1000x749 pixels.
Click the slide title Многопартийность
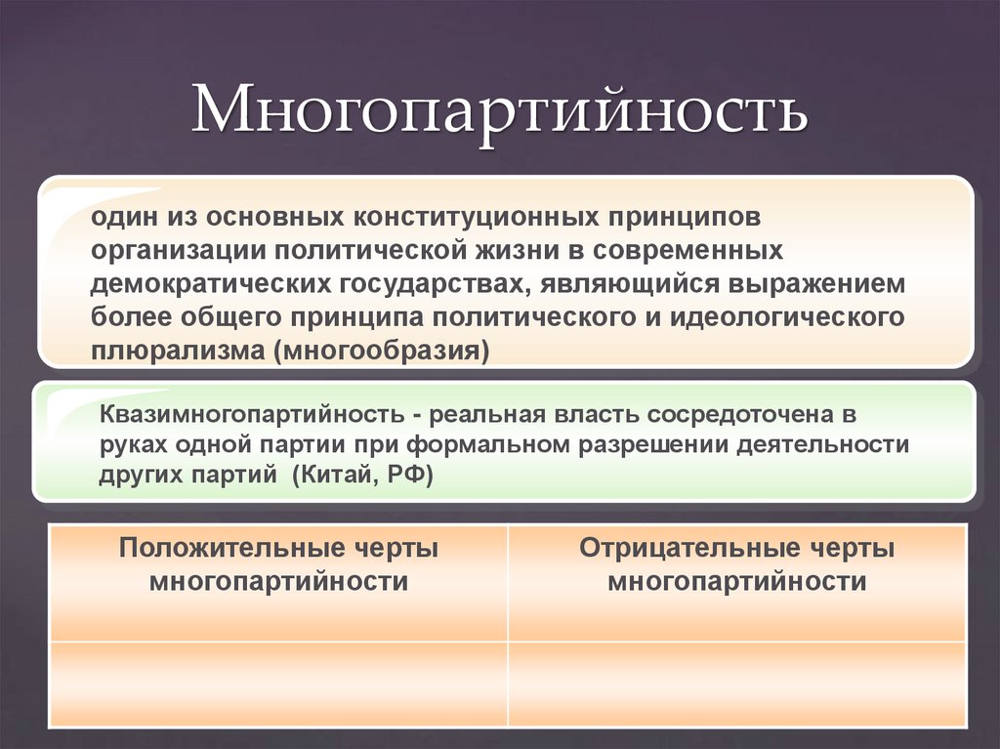499,109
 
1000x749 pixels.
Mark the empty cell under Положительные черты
278,684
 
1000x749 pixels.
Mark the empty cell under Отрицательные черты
737,684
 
